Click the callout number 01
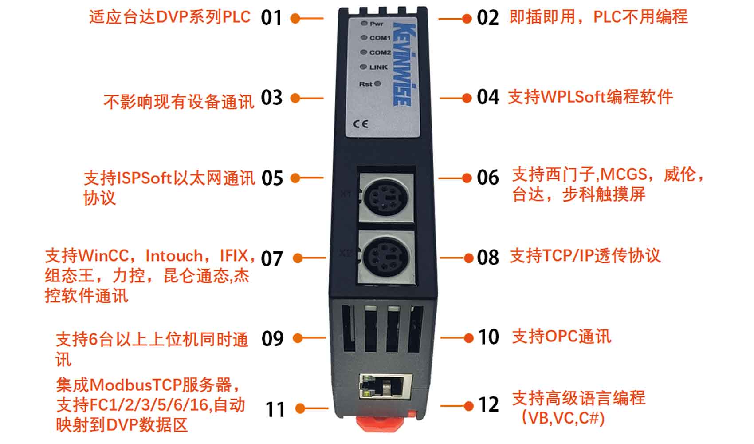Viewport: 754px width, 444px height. coord(271,18)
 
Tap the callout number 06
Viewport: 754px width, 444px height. coord(488,178)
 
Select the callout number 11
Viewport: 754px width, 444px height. coord(275,409)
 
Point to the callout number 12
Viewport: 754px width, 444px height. coord(488,404)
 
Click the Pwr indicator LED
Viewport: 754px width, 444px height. coord(364,23)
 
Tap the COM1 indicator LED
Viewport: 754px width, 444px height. coord(364,37)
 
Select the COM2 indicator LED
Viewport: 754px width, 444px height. coord(364,52)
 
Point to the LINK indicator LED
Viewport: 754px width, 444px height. coord(363,67)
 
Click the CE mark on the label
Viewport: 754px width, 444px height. coord(361,124)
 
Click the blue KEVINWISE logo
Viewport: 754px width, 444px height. coord(404,64)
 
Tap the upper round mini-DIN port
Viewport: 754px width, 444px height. coord(386,198)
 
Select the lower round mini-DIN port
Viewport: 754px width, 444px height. coord(386,257)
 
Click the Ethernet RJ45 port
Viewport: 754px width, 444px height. coord(386,386)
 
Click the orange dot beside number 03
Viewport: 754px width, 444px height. coord(295,99)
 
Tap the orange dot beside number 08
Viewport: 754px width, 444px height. coord(468,258)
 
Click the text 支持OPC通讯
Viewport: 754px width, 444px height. coord(562,336)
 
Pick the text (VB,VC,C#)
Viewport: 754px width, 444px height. coord(563,418)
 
